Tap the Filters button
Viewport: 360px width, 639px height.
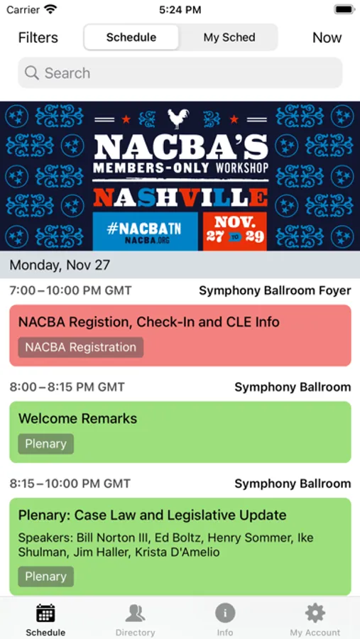38,38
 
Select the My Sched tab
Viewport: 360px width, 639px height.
229,38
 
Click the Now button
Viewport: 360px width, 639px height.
327,38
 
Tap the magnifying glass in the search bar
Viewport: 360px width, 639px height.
32,73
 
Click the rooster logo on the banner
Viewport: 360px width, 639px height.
178,119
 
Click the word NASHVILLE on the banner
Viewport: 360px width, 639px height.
180,197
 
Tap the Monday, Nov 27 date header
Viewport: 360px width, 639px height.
60,265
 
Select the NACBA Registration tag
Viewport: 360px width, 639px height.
81,347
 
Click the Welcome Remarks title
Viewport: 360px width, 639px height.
77,418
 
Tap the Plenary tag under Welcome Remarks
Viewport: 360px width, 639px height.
45,444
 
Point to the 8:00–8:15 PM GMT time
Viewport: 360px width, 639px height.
67,387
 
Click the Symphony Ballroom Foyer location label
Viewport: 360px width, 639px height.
275,290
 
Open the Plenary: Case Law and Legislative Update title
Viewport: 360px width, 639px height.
153,515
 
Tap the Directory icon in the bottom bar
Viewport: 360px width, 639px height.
135,613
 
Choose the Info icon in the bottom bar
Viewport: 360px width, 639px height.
225,613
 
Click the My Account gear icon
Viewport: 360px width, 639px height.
315,613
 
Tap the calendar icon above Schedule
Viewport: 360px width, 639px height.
45,613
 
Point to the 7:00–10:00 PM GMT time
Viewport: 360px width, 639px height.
70,290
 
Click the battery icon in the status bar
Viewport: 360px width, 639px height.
344,10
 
